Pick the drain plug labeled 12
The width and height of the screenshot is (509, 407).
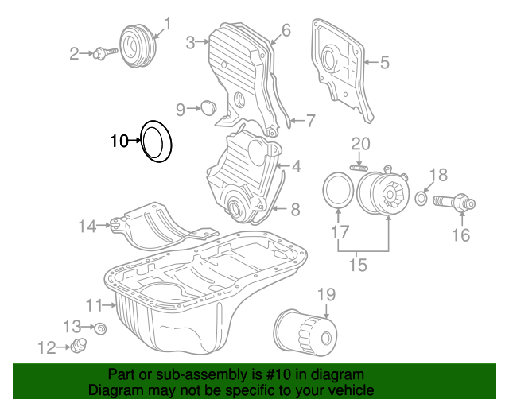pos(78,345)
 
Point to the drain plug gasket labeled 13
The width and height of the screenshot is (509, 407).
pos(100,328)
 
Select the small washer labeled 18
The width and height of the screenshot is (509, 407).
pos(422,197)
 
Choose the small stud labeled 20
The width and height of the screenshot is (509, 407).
pos(358,167)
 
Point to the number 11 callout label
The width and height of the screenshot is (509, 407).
pos(95,304)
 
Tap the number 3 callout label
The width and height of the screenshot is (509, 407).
pos(191,42)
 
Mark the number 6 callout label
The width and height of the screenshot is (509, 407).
pos(286,30)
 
